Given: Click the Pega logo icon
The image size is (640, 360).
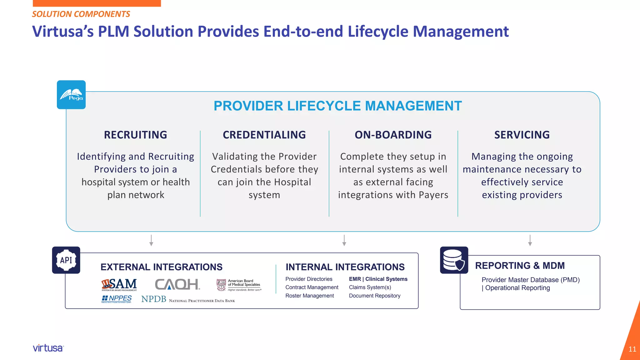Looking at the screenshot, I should pyautogui.click(x=71, y=95).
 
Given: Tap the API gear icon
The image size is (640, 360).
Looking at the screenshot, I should pyautogui.click(x=66, y=260).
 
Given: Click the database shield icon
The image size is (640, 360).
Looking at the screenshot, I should pyautogui.click(x=454, y=260).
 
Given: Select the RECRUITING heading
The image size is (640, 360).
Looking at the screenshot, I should pyautogui.click(x=135, y=135).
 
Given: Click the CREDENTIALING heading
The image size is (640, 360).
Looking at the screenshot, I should pyautogui.click(x=264, y=135).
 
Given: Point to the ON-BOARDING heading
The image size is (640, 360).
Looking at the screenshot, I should pyautogui.click(x=393, y=135).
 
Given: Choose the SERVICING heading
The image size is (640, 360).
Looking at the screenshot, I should pyautogui.click(x=522, y=135).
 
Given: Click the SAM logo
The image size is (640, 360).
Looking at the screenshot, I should pyautogui.click(x=119, y=284).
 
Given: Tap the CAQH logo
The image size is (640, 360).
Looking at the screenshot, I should pyautogui.click(x=177, y=284).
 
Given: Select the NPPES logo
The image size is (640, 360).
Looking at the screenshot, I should pyautogui.click(x=117, y=299).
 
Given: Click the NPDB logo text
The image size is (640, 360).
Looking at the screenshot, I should pyautogui.click(x=188, y=299).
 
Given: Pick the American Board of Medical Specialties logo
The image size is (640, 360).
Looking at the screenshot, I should pyautogui.click(x=239, y=285).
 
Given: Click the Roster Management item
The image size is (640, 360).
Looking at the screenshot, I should pyautogui.click(x=309, y=296).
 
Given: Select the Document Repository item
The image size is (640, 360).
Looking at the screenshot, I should pyautogui.click(x=374, y=296).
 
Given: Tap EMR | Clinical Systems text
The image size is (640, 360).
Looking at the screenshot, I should pyautogui.click(x=378, y=279).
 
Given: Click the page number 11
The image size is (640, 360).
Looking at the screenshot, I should pyautogui.click(x=632, y=349).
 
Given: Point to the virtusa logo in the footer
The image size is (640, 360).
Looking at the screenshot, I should pyautogui.click(x=48, y=348).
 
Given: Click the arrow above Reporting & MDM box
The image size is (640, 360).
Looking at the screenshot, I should pyautogui.click(x=530, y=240).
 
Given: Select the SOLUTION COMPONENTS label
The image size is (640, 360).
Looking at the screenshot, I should pyautogui.click(x=81, y=14).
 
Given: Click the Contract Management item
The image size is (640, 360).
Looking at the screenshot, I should pyautogui.click(x=312, y=287).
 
